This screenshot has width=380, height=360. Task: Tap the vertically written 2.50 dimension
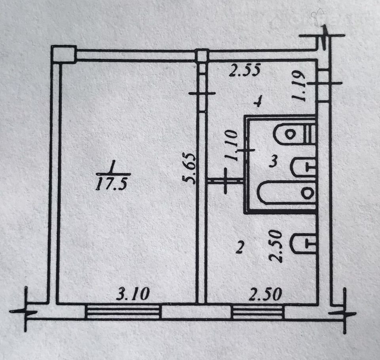276,248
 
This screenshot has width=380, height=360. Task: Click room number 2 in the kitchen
239,248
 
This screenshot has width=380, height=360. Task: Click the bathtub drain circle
308,193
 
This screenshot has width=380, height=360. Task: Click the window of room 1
123,311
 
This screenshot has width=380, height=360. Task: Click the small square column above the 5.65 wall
202,55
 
